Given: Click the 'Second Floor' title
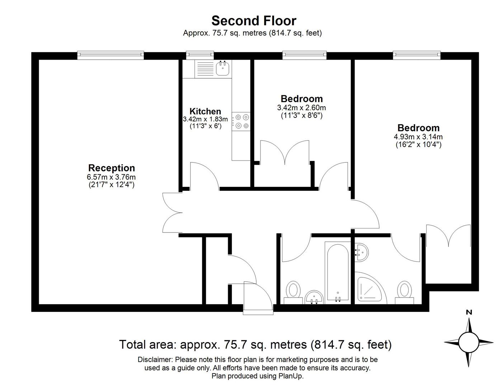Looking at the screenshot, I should pyautogui.click(x=254, y=20).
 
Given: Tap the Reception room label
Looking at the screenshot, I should pyautogui.click(x=112, y=168).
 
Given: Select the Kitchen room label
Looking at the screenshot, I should pyautogui.click(x=205, y=111).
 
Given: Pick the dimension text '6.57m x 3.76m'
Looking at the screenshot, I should pyautogui.click(x=111, y=177).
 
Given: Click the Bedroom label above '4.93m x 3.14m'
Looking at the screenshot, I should pyautogui.click(x=418, y=128).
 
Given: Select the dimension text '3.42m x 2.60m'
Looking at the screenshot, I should pyautogui.click(x=301, y=108).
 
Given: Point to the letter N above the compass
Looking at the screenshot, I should pyautogui.click(x=469, y=312).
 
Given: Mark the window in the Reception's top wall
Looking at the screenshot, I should pyautogui.click(x=111, y=55).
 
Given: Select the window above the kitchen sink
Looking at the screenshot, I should pyautogui.click(x=200, y=55).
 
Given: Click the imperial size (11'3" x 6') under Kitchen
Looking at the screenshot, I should pyautogui.click(x=205, y=126).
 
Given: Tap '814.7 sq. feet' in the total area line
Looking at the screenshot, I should pyautogui.click(x=351, y=345).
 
